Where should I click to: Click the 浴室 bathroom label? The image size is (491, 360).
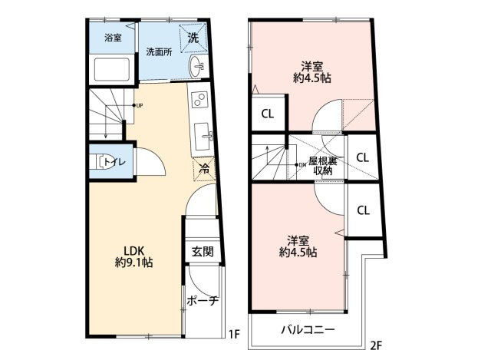pyautogui.click(x=113, y=38)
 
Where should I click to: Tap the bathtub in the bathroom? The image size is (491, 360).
pyautogui.click(x=112, y=69)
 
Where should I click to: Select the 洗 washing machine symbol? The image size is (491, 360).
pyautogui.click(x=193, y=38)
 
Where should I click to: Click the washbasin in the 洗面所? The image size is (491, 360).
pyautogui.click(x=196, y=66)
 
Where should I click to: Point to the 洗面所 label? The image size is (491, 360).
pyautogui.click(x=159, y=51)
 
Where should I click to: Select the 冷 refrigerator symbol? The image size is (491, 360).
pyautogui.click(x=204, y=169)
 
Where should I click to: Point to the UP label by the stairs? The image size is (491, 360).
pyautogui.click(x=140, y=106)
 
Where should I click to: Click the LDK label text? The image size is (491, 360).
pyautogui.click(x=133, y=251)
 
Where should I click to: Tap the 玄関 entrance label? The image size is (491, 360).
pyautogui.click(x=203, y=251)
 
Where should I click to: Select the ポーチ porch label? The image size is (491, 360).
pyautogui.click(x=203, y=301)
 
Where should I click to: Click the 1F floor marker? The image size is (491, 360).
pyautogui.click(x=234, y=335)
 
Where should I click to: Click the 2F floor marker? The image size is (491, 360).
pyautogui.click(x=376, y=345)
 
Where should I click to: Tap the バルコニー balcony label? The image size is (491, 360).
pyautogui.click(x=308, y=329)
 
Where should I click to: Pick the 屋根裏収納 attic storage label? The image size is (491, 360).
pyautogui.click(x=322, y=166)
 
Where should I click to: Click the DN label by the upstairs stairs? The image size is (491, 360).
pyautogui.click(x=302, y=164)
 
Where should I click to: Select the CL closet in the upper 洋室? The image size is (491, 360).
pyautogui.click(x=268, y=114)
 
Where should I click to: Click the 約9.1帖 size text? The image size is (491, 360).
pyautogui.click(x=133, y=263)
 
